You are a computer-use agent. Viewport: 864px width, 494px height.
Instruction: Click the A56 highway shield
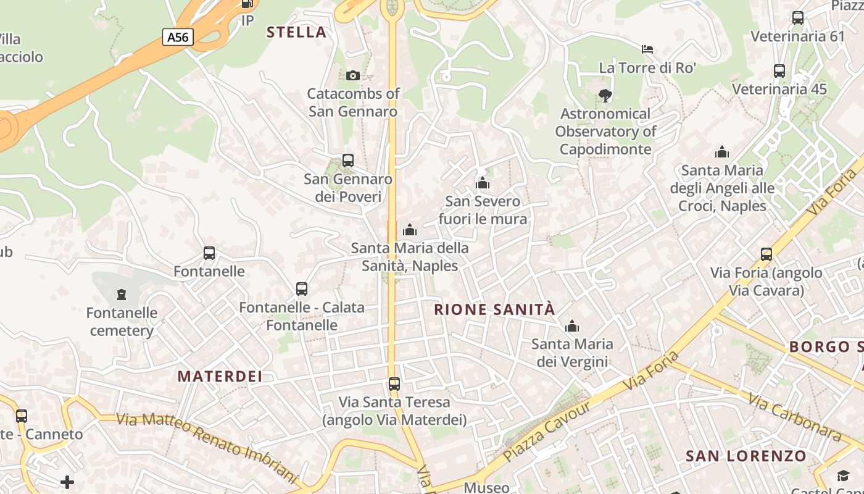pyautogui.click(x=178, y=37)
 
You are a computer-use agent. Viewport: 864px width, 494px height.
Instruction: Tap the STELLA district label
pyautogui.click(x=296, y=32)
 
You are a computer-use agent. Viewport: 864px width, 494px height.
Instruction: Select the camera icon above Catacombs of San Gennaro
pyautogui.click(x=353, y=75)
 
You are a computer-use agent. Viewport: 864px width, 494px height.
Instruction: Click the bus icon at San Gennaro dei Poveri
pyautogui.click(x=348, y=161)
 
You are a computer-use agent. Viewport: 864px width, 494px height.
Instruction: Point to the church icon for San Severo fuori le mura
pyautogui.click(x=483, y=183)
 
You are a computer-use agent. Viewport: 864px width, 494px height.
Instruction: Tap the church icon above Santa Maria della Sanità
pyautogui.click(x=410, y=230)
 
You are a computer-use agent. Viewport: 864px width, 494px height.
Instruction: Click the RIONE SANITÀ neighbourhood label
pyautogui.click(x=495, y=309)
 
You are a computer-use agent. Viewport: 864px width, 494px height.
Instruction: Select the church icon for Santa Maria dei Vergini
pyautogui.click(x=572, y=326)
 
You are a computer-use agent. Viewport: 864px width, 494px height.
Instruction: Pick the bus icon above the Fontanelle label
pyautogui.click(x=209, y=253)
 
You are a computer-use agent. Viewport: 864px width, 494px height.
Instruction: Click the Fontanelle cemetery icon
pyautogui.click(x=122, y=294)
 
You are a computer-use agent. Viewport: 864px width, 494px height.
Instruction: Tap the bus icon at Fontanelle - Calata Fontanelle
pyautogui.click(x=302, y=289)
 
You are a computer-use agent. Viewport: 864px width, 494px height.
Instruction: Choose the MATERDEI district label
pyautogui.click(x=220, y=376)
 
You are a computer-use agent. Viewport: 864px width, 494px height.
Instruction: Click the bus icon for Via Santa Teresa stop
pyautogui.click(x=394, y=384)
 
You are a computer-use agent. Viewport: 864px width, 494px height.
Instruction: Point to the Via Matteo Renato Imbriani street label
pyautogui.click(x=207, y=446)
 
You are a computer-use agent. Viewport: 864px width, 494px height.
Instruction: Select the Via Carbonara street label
pyautogui.click(x=795, y=418)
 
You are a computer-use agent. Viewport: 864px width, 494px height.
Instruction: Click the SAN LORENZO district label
pyautogui.click(x=746, y=456)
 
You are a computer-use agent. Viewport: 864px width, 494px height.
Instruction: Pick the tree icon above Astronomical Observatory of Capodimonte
pyautogui.click(x=605, y=95)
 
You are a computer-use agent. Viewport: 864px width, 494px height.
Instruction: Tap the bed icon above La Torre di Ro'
pyautogui.click(x=647, y=49)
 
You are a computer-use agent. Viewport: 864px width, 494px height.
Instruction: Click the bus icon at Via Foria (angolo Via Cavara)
pyautogui.click(x=766, y=254)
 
